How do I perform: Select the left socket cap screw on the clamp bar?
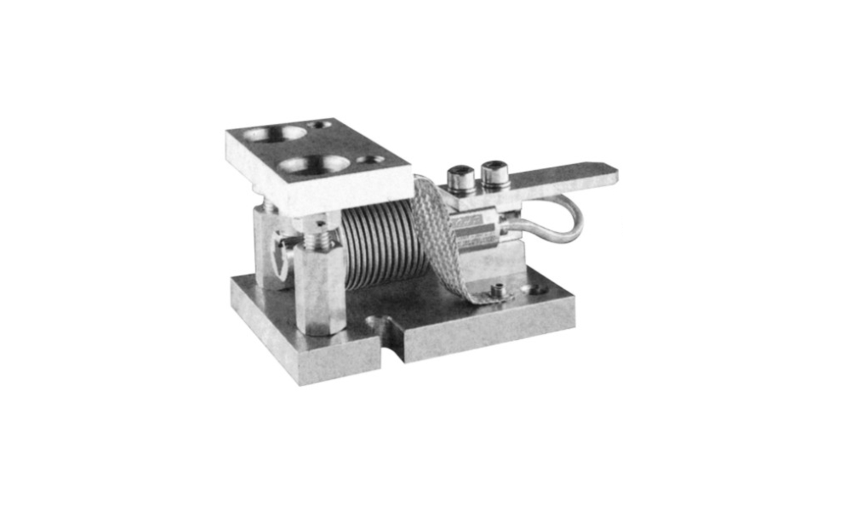coord(460,180)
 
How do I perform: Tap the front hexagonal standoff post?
coord(320,289)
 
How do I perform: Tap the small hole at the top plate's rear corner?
coord(320,126)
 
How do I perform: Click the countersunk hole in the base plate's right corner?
coord(536,290)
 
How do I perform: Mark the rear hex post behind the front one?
coord(271,251)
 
